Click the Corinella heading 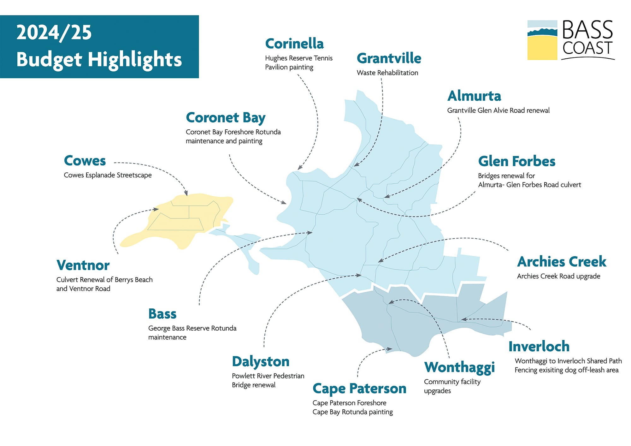click(x=294, y=44)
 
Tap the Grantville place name click(x=389, y=58)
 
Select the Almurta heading click(x=474, y=96)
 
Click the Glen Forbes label click(x=516, y=161)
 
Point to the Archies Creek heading click(x=562, y=262)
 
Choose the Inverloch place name click(x=539, y=347)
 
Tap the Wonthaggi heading click(x=459, y=367)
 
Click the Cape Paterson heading click(x=359, y=389)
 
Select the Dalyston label click(x=261, y=362)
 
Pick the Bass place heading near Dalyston click(x=162, y=314)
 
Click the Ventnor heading click(x=83, y=265)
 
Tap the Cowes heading click(x=85, y=161)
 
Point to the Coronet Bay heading click(x=226, y=118)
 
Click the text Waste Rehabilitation click(x=387, y=73)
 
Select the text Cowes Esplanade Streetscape click(x=108, y=175)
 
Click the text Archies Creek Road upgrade click(x=558, y=276)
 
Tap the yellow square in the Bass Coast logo click(x=542, y=48)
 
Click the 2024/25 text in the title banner click(x=54, y=33)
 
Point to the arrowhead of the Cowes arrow click(x=186, y=193)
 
